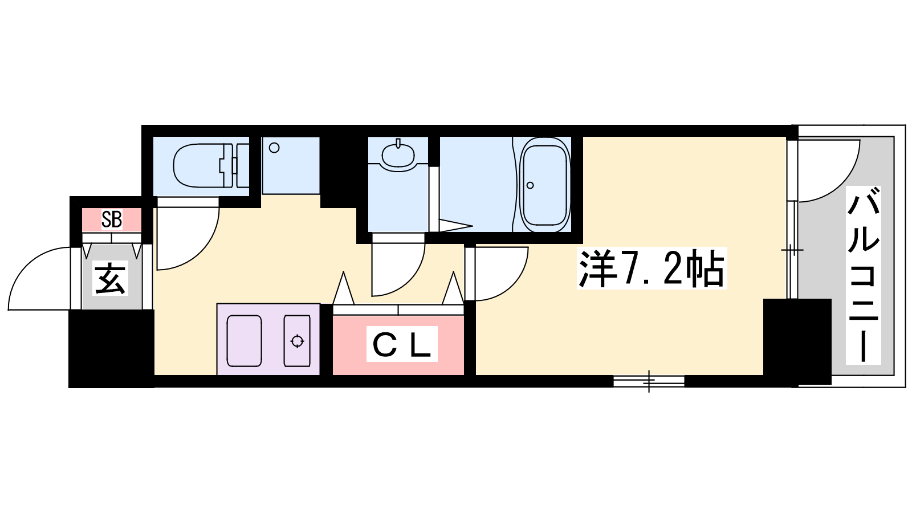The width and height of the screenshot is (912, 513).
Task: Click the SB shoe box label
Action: pos(112,220)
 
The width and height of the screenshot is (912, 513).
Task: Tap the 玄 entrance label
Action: pos(110,278)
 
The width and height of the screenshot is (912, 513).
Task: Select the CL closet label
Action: pos(402,344)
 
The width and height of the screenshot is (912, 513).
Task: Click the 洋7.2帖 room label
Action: pos(652,268)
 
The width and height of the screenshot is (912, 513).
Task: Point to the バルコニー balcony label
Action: pos(863,275)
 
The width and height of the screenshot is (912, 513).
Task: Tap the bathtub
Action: pos(545,185)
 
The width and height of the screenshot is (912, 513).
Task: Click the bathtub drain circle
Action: pos(530,185)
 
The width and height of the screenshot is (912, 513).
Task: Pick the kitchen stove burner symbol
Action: pos(297,341)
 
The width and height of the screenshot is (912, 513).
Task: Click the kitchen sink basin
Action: pos(244,341)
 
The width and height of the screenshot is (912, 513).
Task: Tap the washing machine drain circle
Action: pos(274,148)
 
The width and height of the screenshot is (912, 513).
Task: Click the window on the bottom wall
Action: pos(649,381)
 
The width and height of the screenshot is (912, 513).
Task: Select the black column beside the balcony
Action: pos(797,341)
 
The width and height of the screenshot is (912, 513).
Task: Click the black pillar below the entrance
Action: pos(111,349)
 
